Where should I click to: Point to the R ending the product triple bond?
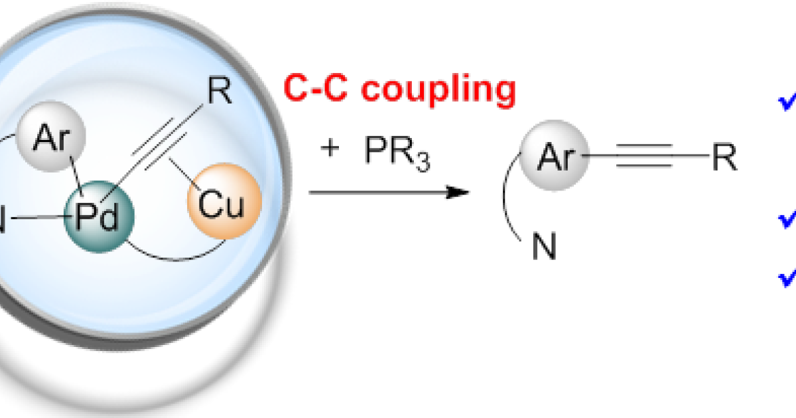pos(724,159)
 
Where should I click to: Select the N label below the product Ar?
pos(545,248)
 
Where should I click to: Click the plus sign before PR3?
pos(330,147)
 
